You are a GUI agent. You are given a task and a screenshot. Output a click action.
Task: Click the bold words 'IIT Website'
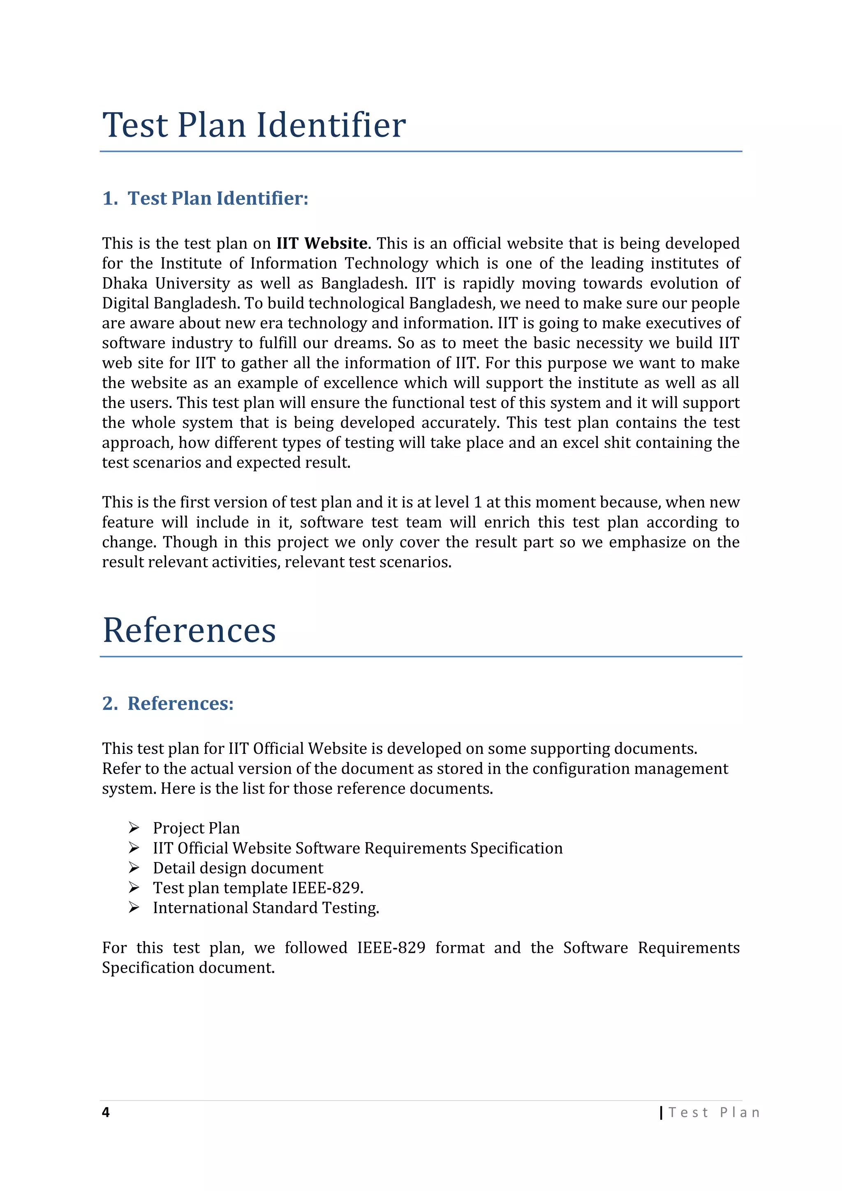point(322,243)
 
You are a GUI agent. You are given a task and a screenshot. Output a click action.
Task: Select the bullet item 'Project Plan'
point(196,828)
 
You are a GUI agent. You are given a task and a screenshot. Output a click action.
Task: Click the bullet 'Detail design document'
point(238,868)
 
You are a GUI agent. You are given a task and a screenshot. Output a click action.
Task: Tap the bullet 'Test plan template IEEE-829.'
point(258,887)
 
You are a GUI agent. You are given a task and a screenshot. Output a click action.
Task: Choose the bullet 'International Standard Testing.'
point(266,908)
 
